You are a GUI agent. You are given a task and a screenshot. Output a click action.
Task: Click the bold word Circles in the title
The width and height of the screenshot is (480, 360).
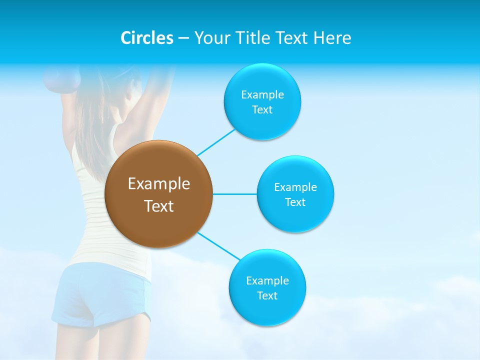[x=147, y=38]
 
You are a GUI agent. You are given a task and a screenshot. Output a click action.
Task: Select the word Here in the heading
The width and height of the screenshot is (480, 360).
[x=332, y=38]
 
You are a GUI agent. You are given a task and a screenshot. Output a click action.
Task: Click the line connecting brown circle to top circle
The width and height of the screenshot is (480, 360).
[x=216, y=142]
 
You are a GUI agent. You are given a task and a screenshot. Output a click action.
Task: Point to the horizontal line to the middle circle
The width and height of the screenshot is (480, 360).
[x=234, y=194]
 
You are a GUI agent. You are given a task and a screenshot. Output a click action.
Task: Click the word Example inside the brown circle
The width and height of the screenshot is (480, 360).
[x=159, y=184]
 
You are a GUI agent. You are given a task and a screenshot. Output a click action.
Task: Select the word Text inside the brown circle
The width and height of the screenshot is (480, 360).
[x=159, y=206]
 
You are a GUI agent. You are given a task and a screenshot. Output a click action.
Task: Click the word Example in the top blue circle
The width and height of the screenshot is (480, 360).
[x=262, y=95]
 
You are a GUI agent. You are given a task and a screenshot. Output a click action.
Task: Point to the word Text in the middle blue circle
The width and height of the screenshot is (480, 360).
[x=295, y=202]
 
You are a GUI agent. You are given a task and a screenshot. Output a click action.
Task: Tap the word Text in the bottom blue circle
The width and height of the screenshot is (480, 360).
[x=267, y=296]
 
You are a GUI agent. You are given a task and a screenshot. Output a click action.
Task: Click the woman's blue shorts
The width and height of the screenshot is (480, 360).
[x=100, y=295]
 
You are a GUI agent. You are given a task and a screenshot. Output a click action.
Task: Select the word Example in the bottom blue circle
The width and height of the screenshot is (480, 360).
[x=267, y=281]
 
